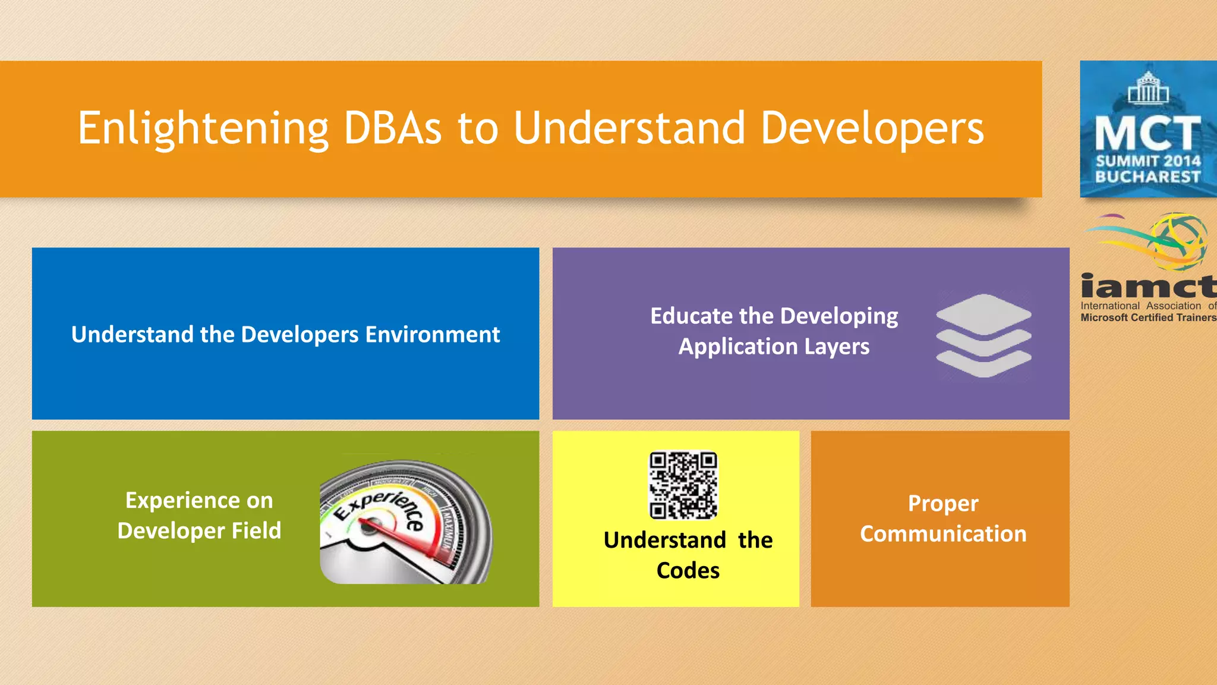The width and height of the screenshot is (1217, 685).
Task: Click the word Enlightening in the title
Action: tap(203, 128)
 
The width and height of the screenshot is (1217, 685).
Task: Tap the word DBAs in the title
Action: tap(393, 128)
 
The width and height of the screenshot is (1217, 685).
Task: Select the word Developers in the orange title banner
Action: tap(872, 128)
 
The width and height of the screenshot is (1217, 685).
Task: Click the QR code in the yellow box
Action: tap(683, 485)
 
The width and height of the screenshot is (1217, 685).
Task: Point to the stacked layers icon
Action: tap(983, 336)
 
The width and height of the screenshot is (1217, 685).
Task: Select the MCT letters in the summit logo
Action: tap(1148, 133)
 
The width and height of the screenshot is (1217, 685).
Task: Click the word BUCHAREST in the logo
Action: tap(1148, 177)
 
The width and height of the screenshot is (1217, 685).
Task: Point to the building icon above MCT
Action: tap(1148, 88)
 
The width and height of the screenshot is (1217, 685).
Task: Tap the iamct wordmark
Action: tap(1148, 286)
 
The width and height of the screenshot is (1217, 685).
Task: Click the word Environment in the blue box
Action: tap(432, 335)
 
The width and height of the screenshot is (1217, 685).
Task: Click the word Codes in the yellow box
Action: tap(688, 571)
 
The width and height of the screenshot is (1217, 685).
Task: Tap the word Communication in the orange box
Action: tap(943, 534)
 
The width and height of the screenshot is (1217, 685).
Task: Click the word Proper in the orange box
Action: tap(943, 504)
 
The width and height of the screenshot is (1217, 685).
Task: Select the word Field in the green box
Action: tap(256, 530)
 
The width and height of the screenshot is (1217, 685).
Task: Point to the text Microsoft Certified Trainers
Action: tap(1148, 318)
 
